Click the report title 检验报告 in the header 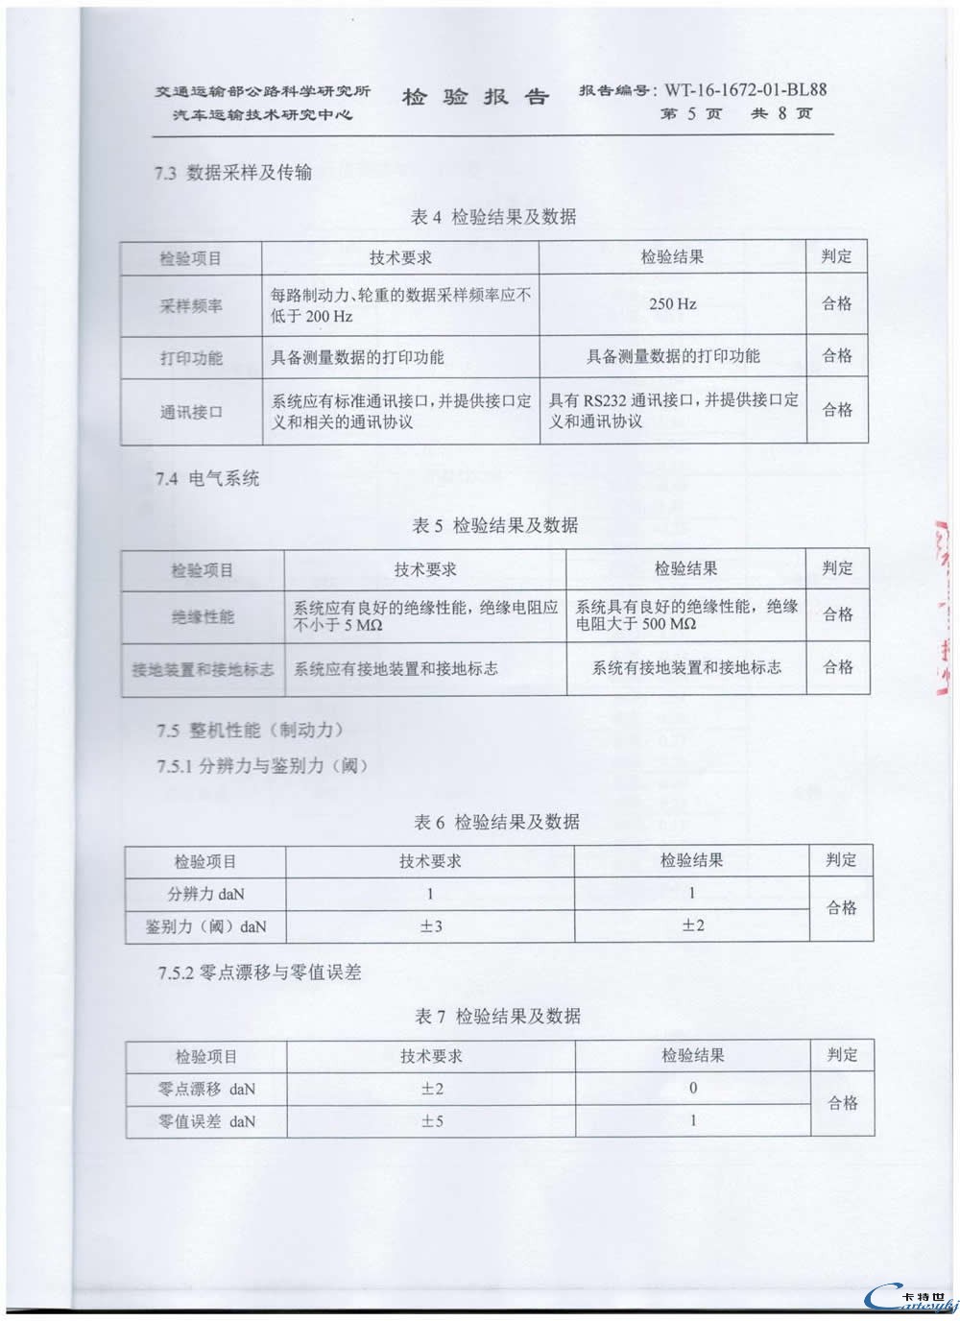click(x=475, y=97)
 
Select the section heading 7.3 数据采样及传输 click(x=233, y=173)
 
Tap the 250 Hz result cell click(x=672, y=304)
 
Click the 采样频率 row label click(x=191, y=306)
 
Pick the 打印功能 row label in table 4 click(x=191, y=358)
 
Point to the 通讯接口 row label click(x=191, y=412)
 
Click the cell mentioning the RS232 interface click(x=672, y=411)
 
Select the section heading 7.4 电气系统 click(x=208, y=478)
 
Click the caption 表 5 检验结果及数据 click(x=495, y=525)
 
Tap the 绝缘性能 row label click(x=203, y=616)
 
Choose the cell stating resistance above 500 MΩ click(x=685, y=615)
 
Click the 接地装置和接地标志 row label click(x=203, y=669)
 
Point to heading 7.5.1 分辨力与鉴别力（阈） click(x=263, y=766)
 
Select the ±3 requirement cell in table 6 click(x=430, y=926)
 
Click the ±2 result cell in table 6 click(x=692, y=925)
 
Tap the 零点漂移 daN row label click(x=206, y=1090)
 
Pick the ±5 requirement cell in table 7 click(x=432, y=1121)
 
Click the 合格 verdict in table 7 click(x=842, y=1104)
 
